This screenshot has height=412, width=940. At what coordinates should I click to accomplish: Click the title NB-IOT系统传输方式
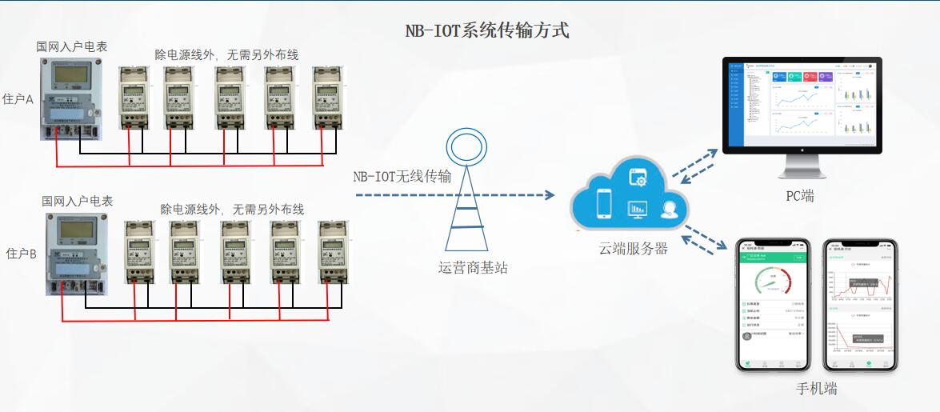point(488,31)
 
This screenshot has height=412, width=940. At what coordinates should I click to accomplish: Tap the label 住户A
point(18,100)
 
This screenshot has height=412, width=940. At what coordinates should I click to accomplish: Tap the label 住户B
point(22,254)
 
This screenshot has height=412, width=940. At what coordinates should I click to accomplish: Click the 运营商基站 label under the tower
point(473,267)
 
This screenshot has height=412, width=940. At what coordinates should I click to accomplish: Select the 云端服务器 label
point(634,248)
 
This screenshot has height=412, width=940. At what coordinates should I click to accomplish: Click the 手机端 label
point(817,389)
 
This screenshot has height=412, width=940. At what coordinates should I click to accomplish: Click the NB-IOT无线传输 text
point(402,176)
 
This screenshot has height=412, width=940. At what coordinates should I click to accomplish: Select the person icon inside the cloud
point(669,210)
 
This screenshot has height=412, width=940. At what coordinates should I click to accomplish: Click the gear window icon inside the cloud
point(638,175)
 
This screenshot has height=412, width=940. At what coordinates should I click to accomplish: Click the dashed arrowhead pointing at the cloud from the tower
point(549,194)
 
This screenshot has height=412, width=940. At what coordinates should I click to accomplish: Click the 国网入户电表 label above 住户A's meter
point(71,48)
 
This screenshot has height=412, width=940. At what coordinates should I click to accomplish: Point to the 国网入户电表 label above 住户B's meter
point(78,201)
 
